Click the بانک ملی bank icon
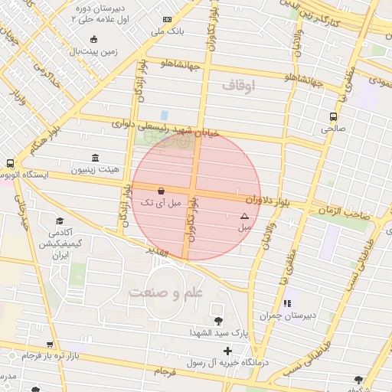(167, 18)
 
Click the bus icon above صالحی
(333, 116)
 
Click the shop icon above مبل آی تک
(161, 191)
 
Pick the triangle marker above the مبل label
(244, 217)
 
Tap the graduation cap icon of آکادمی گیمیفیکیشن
(60, 220)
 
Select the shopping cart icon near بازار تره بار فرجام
(50, 345)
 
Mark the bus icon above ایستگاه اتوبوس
(10, 163)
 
